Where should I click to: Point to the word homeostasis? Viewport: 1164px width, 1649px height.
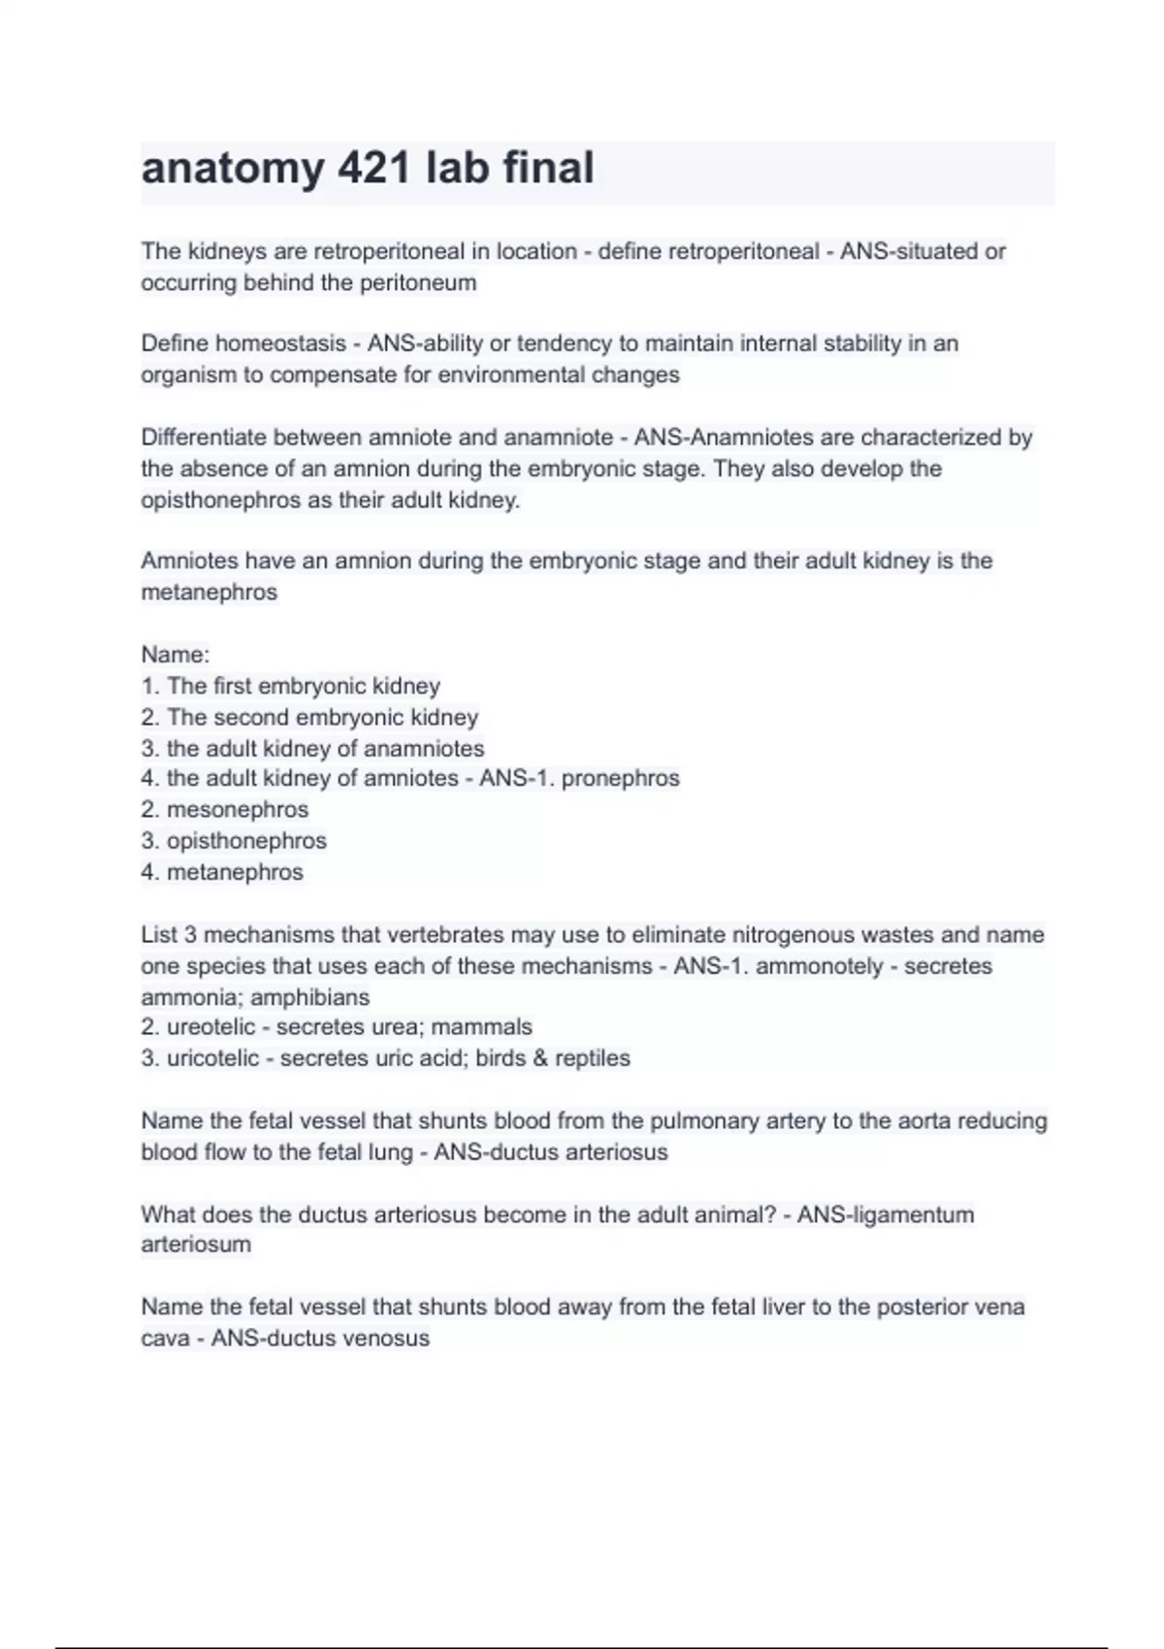pos(280,343)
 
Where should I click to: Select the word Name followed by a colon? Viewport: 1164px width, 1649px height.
pos(175,655)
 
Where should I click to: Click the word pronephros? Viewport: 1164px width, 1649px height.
pos(620,778)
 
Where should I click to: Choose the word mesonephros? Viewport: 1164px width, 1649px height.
pos(237,810)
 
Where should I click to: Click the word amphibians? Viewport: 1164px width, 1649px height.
pos(309,997)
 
